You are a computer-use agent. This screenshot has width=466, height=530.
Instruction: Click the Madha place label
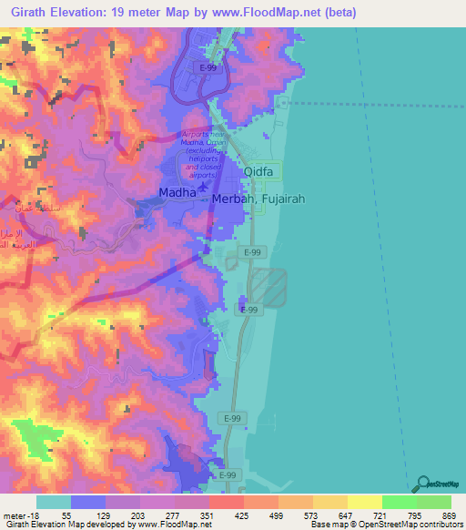(x=177, y=193)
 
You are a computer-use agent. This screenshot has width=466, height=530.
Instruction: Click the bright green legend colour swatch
(x=399, y=502)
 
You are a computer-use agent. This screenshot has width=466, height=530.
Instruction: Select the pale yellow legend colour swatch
(x=364, y=502)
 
